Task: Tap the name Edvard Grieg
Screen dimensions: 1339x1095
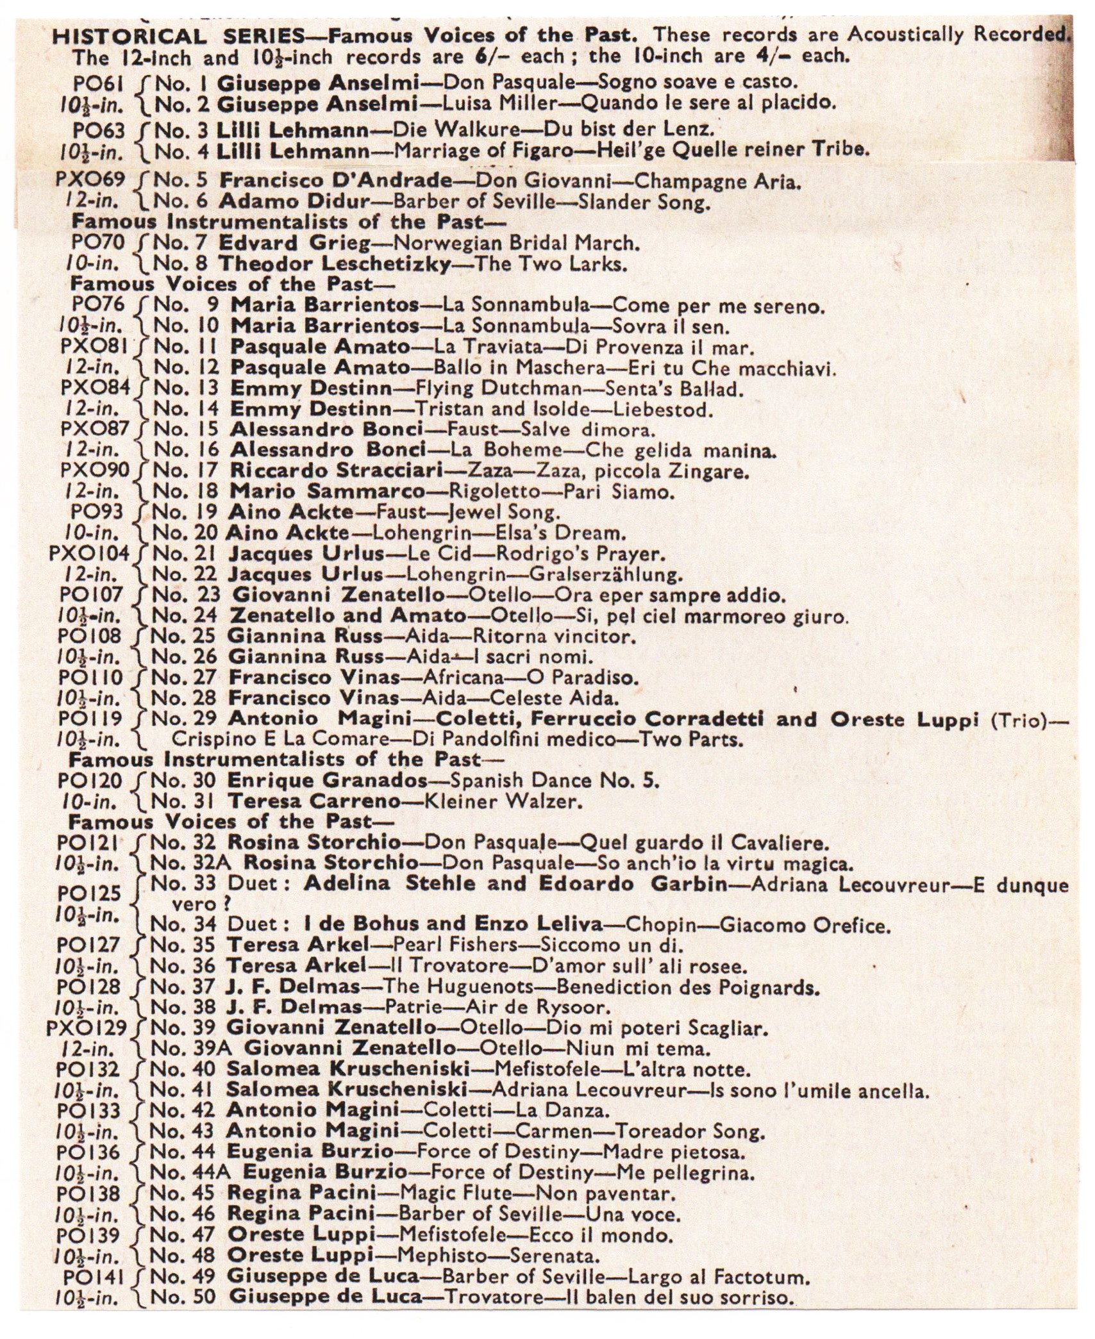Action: pyautogui.click(x=294, y=244)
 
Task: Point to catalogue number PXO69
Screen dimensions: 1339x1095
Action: pyautogui.click(x=90, y=179)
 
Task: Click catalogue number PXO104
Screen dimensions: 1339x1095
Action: pyautogui.click(x=89, y=553)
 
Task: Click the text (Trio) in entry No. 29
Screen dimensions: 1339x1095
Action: pyautogui.click(x=1020, y=719)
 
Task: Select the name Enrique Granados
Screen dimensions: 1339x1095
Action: pyautogui.click(x=328, y=781)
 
